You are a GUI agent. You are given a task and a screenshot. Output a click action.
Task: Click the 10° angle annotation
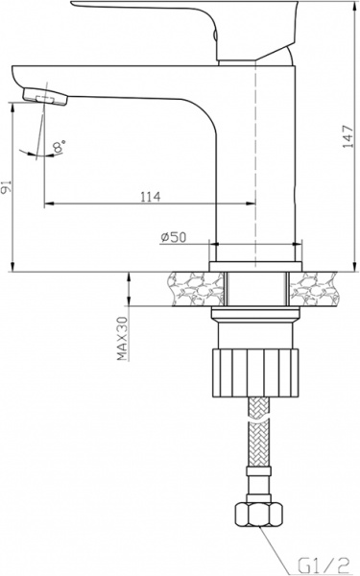click(x=60, y=147)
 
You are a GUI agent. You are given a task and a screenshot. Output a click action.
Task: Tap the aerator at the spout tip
click(x=42, y=95)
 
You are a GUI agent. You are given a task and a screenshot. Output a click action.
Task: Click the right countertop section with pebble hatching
click(x=322, y=286)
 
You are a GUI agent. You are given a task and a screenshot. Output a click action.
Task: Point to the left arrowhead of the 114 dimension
click(x=49, y=204)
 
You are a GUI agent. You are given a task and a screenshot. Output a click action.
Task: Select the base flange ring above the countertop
click(x=255, y=252)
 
